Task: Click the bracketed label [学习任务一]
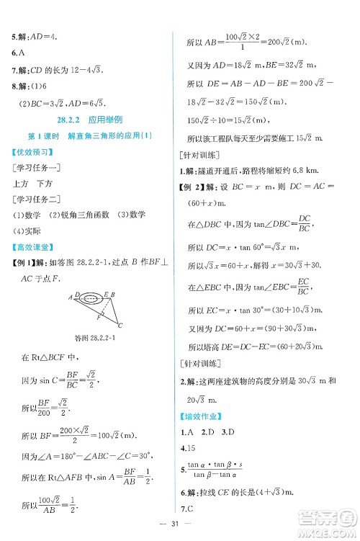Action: point(36,167)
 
